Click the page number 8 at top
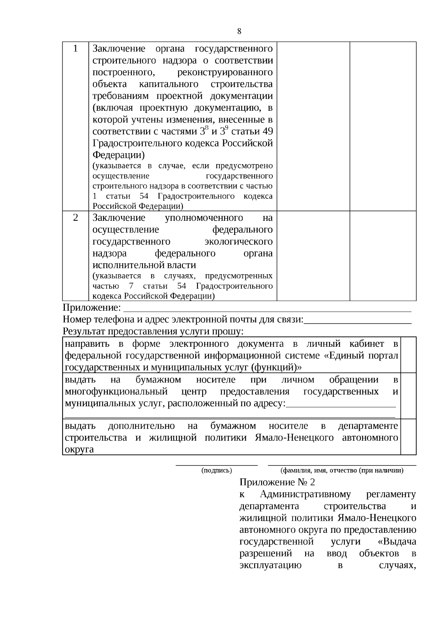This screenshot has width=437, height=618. [239, 31]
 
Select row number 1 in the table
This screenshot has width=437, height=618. [75, 48]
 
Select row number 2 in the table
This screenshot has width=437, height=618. [75, 218]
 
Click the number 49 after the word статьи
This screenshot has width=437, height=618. [267, 131]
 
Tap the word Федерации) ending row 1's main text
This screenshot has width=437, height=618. [118, 155]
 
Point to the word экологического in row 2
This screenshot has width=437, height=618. [239, 241]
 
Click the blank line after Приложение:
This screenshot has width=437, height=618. [268, 310]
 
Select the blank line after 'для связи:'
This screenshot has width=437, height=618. [358, 322]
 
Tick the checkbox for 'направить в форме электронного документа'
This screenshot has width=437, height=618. [408, 355]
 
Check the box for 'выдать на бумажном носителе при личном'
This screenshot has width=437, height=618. [408, 396]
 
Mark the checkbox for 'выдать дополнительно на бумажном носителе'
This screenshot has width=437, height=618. [408, 437]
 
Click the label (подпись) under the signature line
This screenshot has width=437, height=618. [217, 471]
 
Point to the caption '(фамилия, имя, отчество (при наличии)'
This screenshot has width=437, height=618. [342, 471]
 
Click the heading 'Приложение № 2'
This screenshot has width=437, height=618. [277, 483]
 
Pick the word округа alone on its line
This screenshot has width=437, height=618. [79, 449]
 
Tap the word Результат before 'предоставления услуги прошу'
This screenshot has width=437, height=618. [83, 332]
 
